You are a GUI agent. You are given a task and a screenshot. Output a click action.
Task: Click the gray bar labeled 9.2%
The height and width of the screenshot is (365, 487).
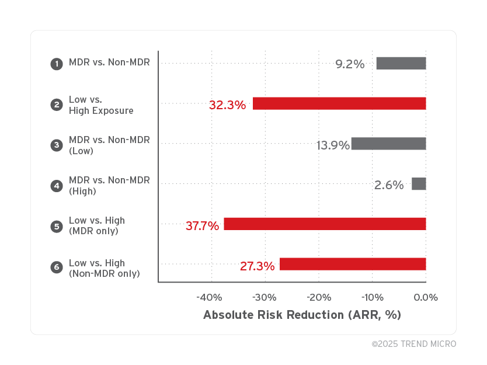(x=401, y=63)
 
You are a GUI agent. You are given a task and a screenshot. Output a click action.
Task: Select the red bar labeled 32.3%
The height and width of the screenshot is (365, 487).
(x=339, y=103)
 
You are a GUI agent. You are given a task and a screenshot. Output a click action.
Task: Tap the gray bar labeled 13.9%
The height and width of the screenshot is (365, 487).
(x=388, y=144)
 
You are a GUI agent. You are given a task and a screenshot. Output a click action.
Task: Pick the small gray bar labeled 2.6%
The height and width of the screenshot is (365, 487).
(x=419, y=184)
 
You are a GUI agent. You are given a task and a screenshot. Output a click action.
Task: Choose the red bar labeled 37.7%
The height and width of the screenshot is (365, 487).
(x=325, y=224)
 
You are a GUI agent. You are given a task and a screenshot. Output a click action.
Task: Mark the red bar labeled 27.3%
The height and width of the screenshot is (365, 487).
(x=353, y=264)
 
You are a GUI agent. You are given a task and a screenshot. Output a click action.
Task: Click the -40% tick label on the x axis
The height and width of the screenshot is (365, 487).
(x=209, y=297)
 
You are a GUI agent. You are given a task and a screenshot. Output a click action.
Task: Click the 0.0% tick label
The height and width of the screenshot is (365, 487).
(x=426, y=297)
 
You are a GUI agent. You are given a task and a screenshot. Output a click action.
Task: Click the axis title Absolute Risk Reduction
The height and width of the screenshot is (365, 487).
(x=302, y=315)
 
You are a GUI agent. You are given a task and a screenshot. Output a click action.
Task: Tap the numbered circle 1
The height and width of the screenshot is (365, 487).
(x=57, y=64)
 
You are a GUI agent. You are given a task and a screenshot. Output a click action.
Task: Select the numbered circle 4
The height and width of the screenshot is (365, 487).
(x=57, y=186)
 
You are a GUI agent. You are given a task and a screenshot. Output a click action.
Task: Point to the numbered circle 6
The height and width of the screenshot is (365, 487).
(x=57, y=267)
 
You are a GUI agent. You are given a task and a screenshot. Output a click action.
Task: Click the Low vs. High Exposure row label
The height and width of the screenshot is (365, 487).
(x=100, y=105)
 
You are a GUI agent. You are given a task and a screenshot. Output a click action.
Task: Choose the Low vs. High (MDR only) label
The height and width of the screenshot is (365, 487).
(x=96, y=226)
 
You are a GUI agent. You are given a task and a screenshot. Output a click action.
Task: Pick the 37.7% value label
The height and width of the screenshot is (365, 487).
(x=202, y=225)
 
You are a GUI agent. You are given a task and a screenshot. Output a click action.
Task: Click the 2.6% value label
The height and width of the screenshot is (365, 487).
(x=389, y=185)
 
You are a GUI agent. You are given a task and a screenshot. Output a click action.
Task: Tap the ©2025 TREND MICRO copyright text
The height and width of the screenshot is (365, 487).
(x=414, y=344)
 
